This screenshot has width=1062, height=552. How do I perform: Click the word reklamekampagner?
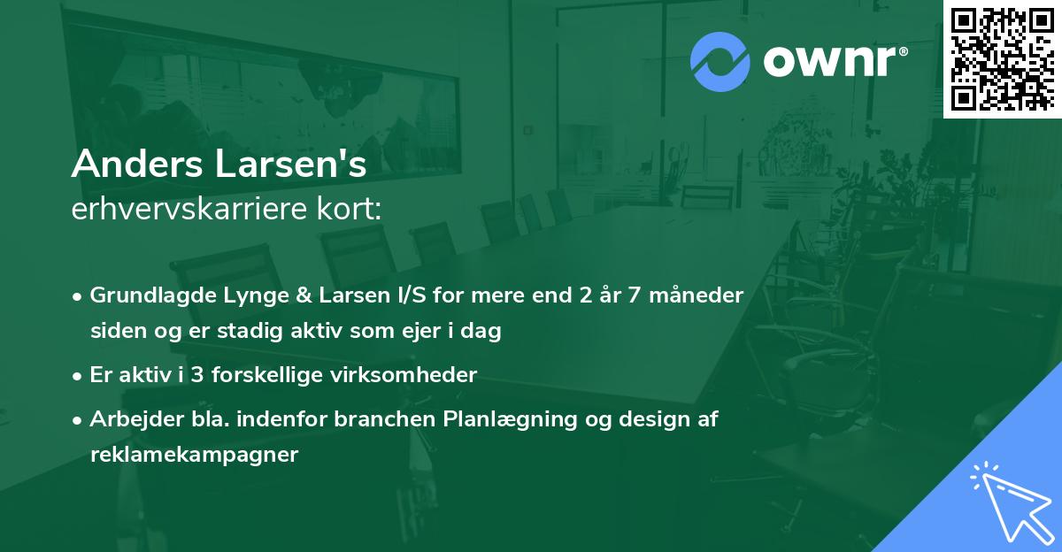[x=195, y=455]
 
